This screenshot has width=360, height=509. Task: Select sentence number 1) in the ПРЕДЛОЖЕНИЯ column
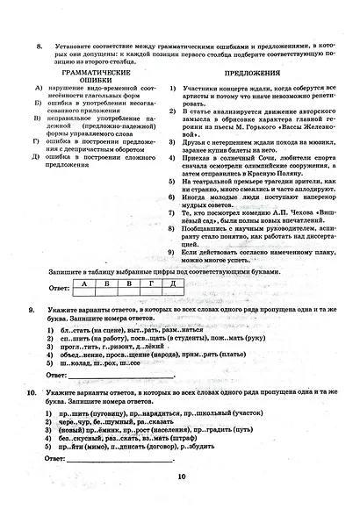[x=173, y=89]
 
